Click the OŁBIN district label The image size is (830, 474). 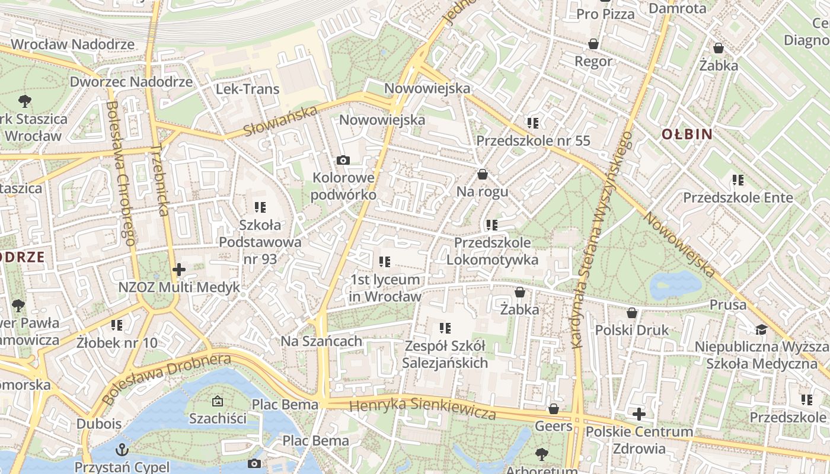(x=687, y=134)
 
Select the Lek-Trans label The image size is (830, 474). (x=247, y=89)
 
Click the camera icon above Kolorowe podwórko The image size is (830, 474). (x=343, y=160)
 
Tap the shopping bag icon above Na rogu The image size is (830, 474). (x=483, y=174)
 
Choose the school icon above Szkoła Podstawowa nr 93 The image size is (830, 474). (x=260, y=207)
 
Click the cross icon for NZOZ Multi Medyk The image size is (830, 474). (x=178, y=270)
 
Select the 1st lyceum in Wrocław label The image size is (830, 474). (x=385, y=288)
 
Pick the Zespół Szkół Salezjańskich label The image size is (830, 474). (x=445, y=354)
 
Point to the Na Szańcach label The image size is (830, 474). (x=321, y=341)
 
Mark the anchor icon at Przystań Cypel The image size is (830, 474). (x=122, y=449)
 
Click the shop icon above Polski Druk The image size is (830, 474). (x=632, y=312)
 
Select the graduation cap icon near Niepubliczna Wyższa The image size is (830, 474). (x=761, y=329)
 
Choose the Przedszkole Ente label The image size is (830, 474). (x=738, y=197)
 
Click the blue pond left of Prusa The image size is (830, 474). (x=676, y=285)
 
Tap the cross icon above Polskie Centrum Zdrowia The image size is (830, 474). (x=639, y=414)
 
